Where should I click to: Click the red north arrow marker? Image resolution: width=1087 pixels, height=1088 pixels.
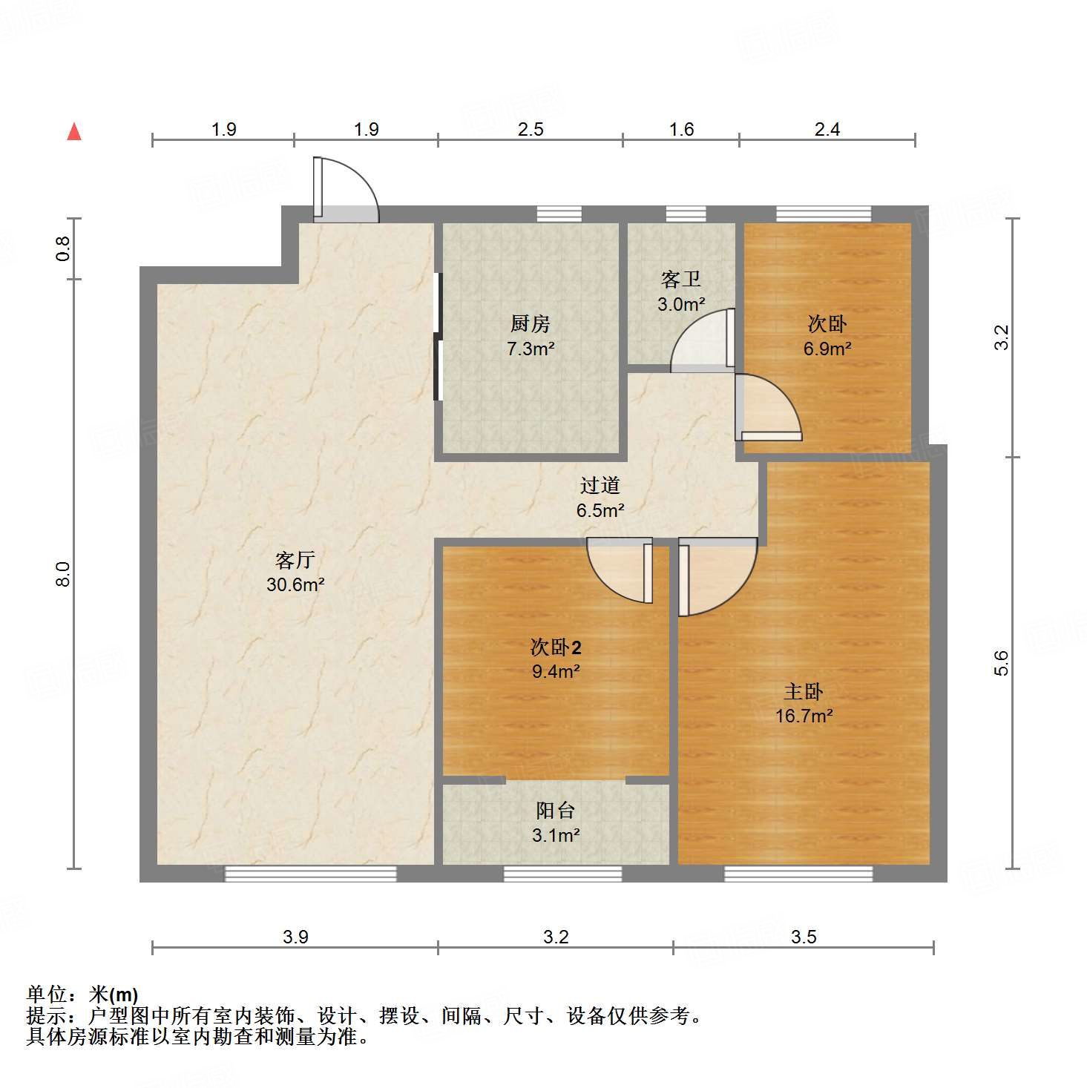point(74,132)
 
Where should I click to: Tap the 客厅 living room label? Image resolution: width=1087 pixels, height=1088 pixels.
point(295,560)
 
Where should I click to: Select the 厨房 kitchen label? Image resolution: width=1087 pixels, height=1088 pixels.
point(531,324)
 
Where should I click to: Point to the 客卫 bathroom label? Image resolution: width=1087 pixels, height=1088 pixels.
point(680,280)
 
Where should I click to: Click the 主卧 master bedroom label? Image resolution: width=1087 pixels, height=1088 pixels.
point(804,692)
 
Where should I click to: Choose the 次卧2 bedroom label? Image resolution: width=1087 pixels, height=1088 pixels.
point(556,647)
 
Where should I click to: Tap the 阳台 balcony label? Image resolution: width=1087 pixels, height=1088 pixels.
point(556,811)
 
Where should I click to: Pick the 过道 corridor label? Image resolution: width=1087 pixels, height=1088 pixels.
point(600,486)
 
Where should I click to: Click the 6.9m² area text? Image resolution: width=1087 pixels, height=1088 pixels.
point(827,349)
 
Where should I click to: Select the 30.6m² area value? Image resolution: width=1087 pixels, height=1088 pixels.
point(295,584)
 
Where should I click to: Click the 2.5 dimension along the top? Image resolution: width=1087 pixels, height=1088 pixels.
point(531,130)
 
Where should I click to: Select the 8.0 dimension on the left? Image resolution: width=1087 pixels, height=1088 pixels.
point(64,574)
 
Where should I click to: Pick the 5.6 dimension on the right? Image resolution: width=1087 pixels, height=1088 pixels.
point(1002,662)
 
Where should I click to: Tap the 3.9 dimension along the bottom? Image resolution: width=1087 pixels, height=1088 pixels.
point(295,937)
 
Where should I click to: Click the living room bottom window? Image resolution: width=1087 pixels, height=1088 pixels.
point(310,874)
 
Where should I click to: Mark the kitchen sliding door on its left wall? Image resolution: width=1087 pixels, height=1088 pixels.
point(438,337)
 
